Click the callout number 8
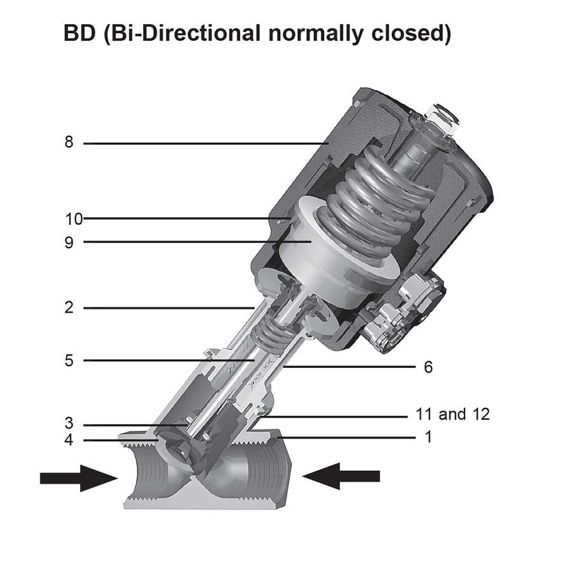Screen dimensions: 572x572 (x=69, y=142)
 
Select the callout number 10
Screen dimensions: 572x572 (x=74, y=219)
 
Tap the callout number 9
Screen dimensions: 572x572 (x=69, y=243)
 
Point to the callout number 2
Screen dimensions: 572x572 (x=69, y=308)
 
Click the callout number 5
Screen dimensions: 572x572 (x=69, y=360)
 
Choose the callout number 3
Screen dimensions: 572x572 (x=69, y=423)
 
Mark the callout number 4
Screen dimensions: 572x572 (x=69, y=440)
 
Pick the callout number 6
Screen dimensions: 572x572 (x=428, y=367)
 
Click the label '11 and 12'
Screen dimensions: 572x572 (x=453, y=414)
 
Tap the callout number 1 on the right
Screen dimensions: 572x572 (x=428, y=437)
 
